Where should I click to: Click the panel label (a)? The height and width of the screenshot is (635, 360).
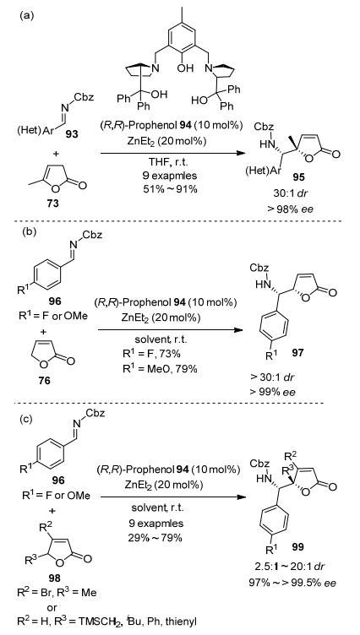pos(26,15)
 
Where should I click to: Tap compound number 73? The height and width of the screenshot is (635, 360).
pos(53,203)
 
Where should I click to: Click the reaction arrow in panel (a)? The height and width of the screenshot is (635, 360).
pos(173,154)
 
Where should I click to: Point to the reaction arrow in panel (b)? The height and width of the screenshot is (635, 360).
pos(170,329)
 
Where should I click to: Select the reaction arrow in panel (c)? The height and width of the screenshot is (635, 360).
pos(173,497)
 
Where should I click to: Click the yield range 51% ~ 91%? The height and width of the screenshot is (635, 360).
pos(172,188)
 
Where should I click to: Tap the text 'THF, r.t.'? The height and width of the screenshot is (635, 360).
pos(173,165)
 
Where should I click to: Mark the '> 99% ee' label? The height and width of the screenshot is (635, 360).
pos(273,392)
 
